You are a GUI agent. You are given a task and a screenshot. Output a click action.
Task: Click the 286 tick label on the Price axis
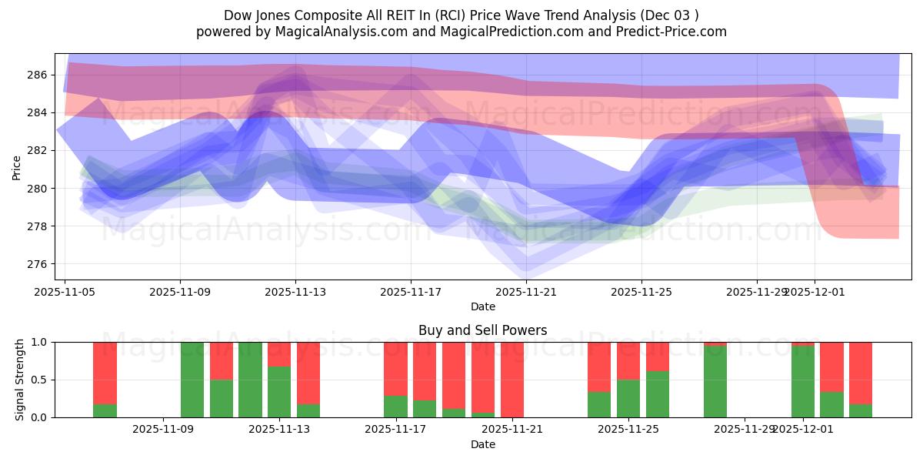(38, 75)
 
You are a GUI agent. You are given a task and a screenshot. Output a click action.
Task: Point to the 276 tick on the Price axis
(38, 264)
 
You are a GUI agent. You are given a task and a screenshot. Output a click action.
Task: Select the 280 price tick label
(38, 189)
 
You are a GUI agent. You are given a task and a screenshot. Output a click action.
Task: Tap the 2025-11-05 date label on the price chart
(65, 292)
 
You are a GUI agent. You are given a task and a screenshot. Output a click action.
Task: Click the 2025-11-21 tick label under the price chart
(526, 292)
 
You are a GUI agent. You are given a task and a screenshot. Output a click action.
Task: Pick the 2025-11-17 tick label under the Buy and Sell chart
(395, 430)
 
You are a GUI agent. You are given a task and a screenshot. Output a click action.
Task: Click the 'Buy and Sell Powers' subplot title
(482, 330)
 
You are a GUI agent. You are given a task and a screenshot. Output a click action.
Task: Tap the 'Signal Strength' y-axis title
(20, 380)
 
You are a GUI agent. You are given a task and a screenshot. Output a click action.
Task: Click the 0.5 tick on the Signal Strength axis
(38, 380)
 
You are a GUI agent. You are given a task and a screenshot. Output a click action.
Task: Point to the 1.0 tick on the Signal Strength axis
(38, 342)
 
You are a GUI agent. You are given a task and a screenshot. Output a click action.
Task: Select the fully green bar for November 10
(192, 380)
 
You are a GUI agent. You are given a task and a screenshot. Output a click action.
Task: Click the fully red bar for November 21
(511, 380)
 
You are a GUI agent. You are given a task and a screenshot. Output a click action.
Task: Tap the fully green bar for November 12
(250, 380)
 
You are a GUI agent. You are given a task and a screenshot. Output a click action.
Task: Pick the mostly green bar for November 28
(715, 382)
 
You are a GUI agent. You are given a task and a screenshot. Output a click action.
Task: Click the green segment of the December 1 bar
(802, 382)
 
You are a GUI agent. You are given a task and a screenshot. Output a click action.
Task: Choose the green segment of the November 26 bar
(657, 394)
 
